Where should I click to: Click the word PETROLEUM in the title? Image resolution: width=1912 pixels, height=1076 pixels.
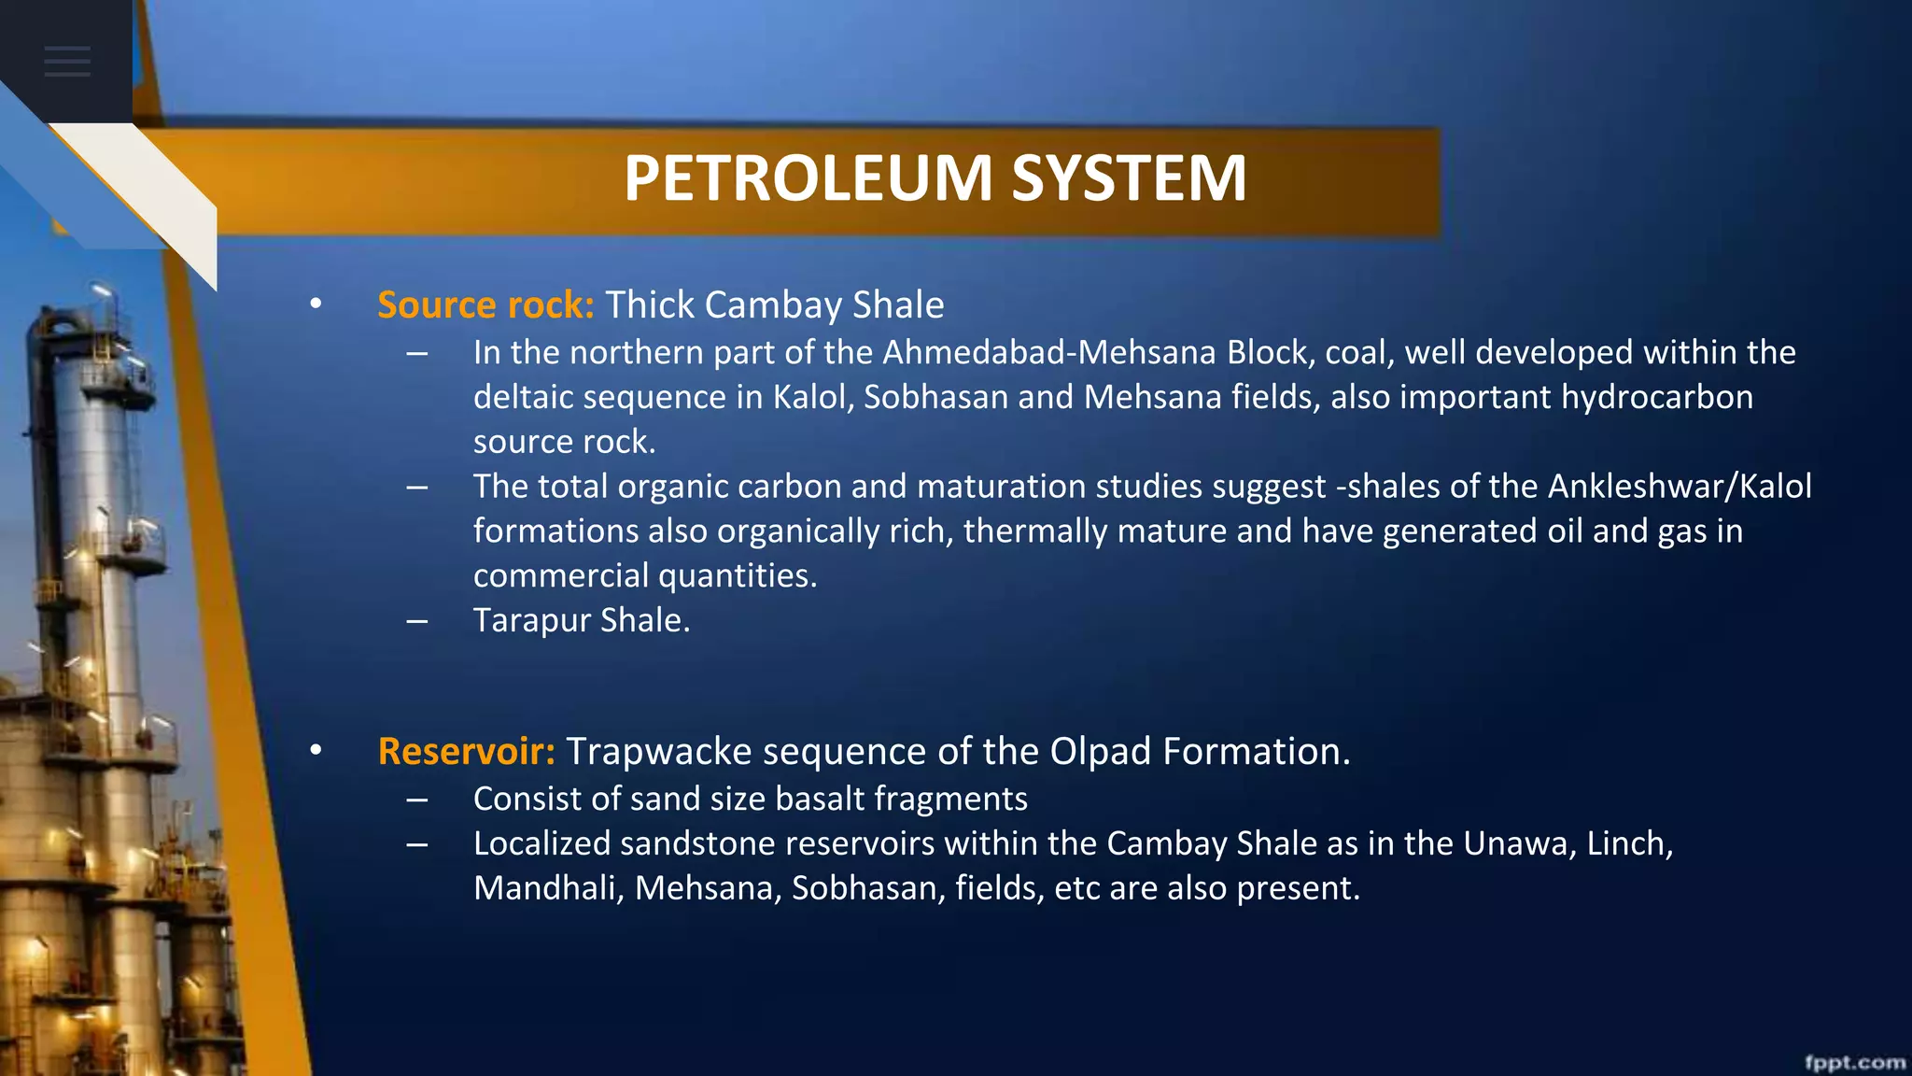coord(808,177)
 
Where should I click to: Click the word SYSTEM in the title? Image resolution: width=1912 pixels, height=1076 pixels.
coord(1129,177)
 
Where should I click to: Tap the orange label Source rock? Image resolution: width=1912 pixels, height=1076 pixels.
coord(485,305)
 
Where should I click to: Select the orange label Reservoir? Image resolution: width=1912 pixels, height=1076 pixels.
coord(467,751)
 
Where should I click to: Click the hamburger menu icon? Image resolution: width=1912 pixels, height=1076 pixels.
coord(67,62)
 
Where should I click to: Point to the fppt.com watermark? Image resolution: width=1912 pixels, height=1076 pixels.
coord(1854,1062)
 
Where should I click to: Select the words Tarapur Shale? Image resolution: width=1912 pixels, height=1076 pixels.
coord(581,620)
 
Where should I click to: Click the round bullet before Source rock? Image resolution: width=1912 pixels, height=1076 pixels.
coord(316,304)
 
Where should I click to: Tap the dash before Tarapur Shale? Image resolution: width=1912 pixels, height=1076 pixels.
coord(417,621)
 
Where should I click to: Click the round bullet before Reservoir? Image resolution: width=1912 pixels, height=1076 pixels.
coord(316,750)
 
